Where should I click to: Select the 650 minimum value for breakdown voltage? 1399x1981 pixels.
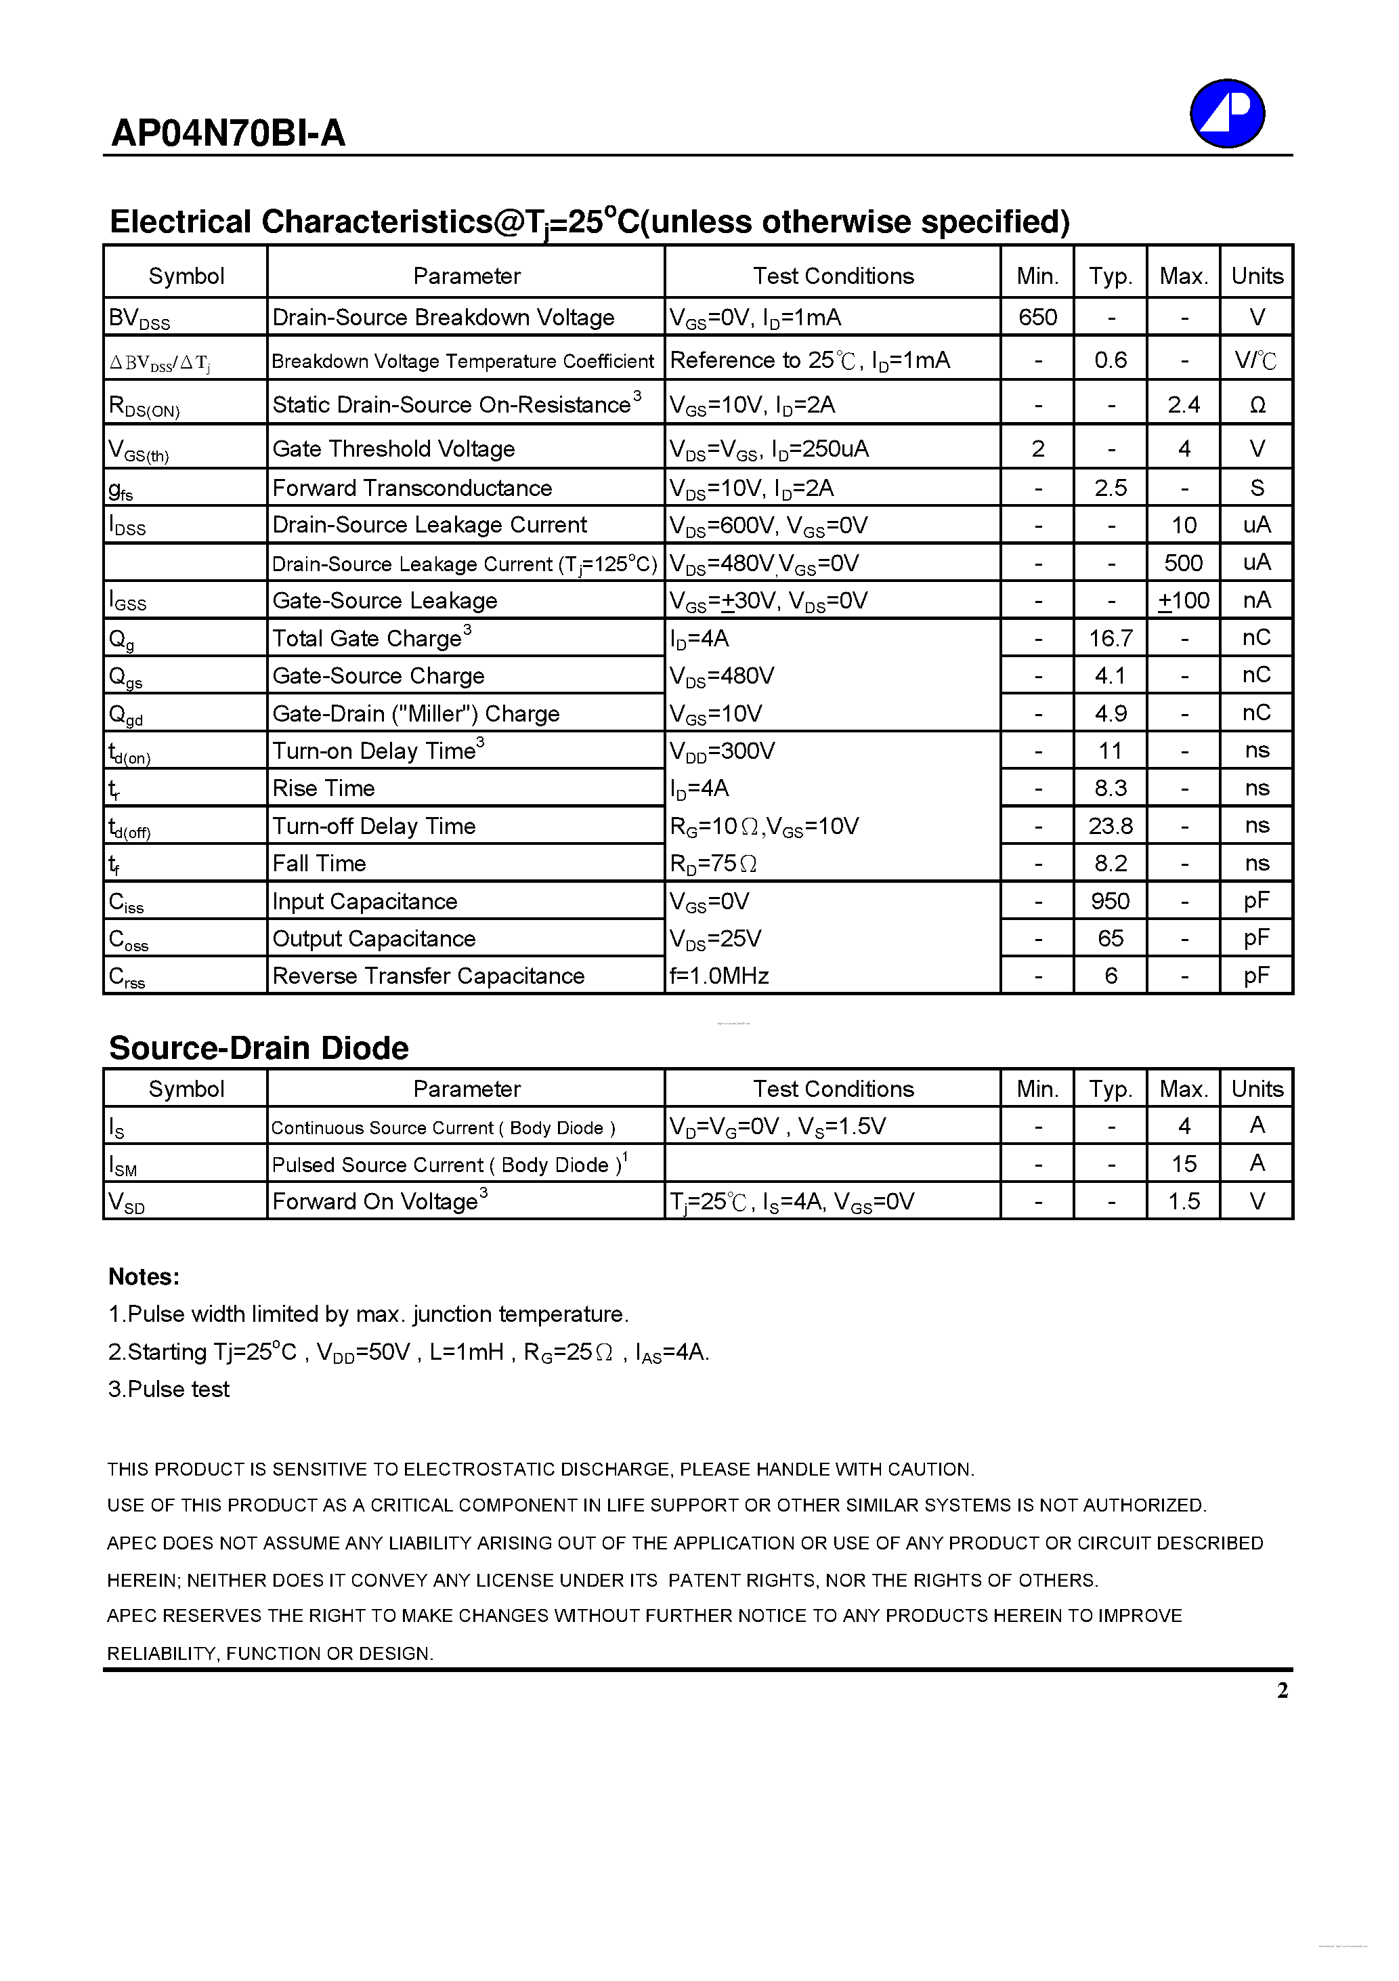1037,318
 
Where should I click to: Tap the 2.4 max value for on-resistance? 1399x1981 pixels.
1184,404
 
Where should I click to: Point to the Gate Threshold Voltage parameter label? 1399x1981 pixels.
393,449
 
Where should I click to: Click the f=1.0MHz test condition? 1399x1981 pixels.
719,976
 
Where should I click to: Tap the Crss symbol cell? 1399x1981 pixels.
127,977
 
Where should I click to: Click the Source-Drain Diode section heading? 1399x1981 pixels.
259,1048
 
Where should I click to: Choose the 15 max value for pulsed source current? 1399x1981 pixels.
1184,1164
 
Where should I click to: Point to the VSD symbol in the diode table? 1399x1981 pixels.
126,1202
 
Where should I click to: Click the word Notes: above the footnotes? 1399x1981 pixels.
144,1277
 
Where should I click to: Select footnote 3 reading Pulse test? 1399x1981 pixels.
169,1389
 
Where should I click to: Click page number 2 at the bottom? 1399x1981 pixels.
1282,1690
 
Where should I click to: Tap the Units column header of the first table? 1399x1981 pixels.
1257,276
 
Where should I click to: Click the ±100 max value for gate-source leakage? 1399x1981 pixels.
1184,600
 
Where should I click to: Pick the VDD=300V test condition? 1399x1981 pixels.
722,751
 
